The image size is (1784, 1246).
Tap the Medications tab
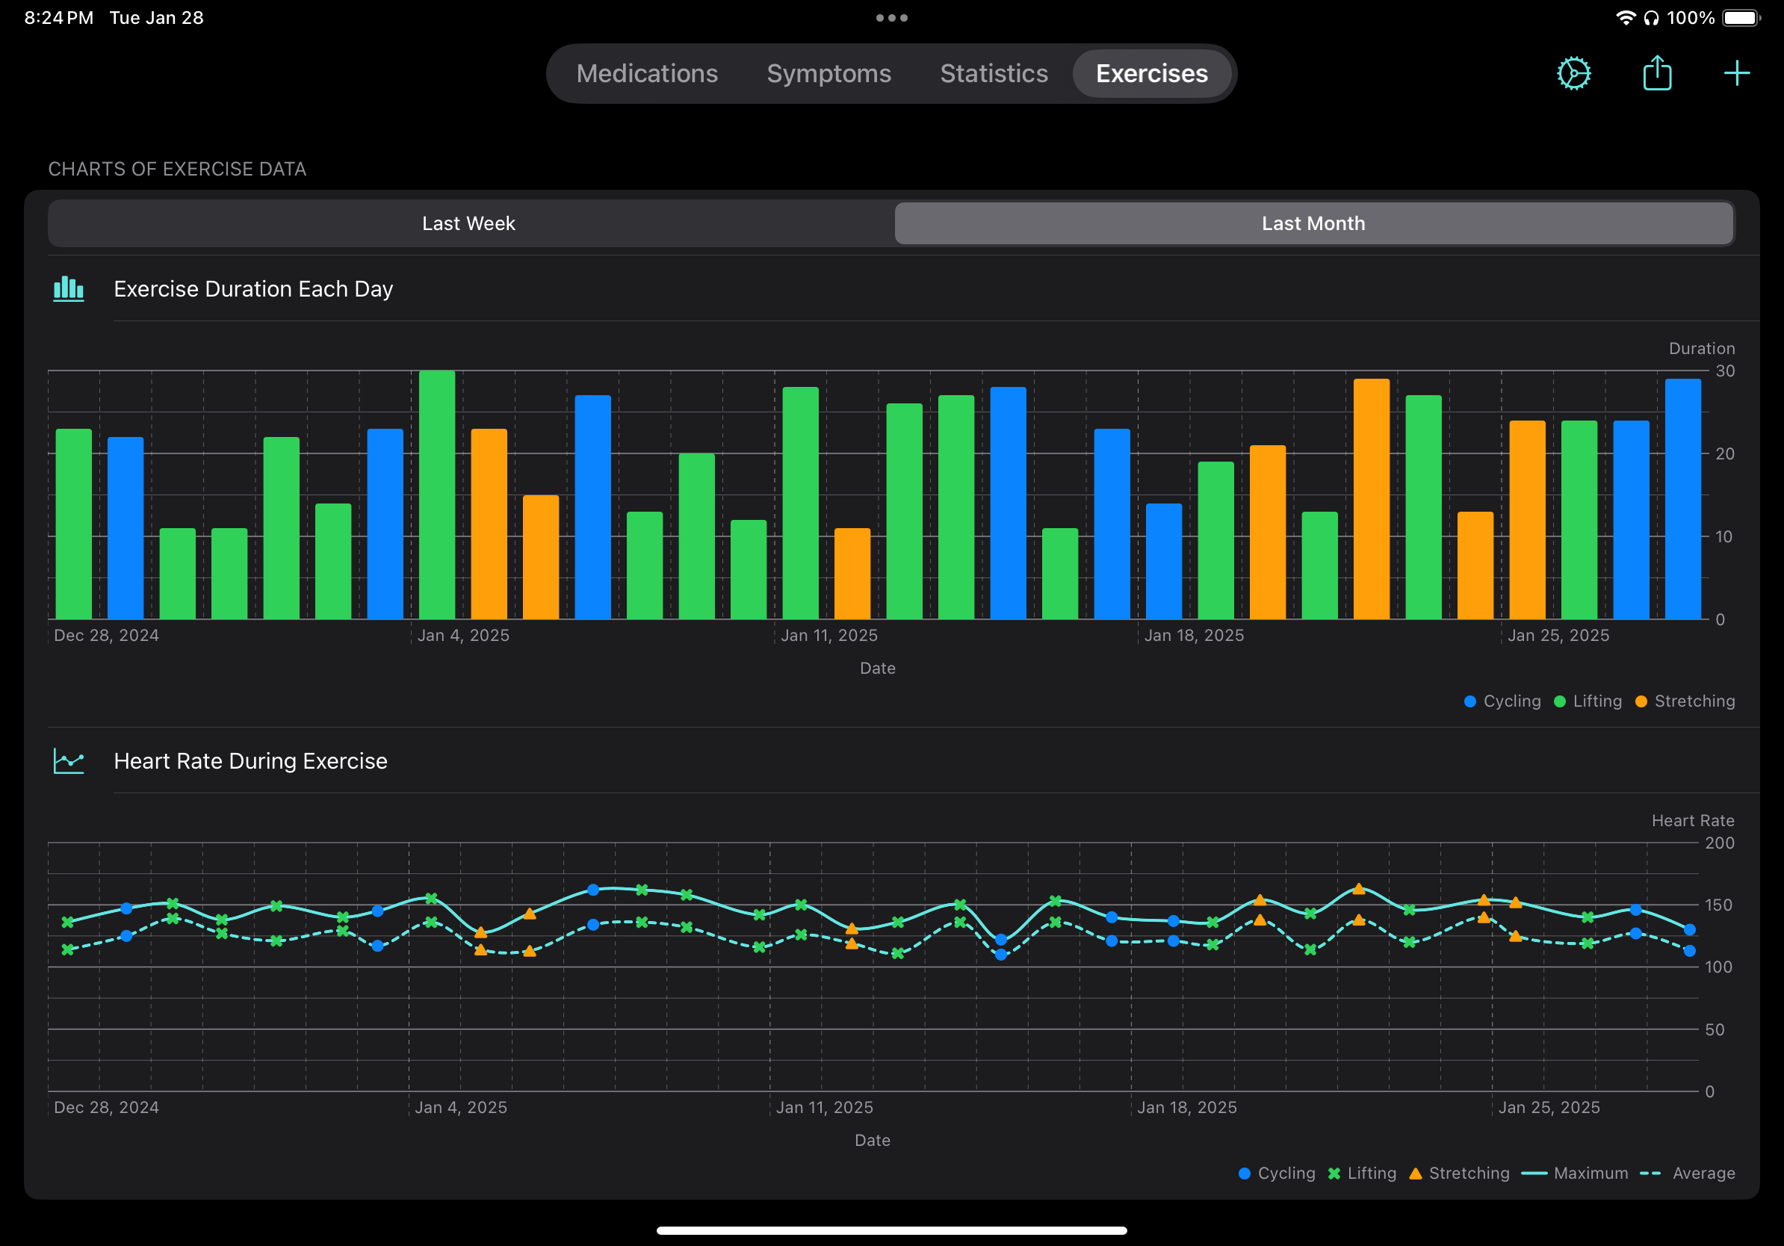[x=646, y=74]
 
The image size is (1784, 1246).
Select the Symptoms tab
[x=828, y=74]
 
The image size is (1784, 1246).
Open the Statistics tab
[x=994, y=74]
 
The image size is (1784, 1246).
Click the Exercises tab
[x=1151, y=74]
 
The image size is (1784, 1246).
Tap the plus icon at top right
[x=1737, y=74]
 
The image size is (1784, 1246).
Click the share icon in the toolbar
[x=1656, y=74]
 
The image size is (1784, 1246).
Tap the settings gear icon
[x=1573, y=74]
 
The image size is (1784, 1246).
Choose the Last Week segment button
[x=468, y=223]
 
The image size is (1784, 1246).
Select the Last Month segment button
[x=1313, y=223]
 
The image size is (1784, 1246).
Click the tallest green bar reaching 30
[x=437, y=498]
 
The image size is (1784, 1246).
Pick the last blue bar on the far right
[x=1682, y=501]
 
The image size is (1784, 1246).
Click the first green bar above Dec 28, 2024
[x=74, y=524]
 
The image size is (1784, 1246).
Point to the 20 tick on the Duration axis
[x=1724, y=453]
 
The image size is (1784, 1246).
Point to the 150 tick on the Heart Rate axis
[x=1719, y=905]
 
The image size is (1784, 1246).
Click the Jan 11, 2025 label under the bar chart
[x=828, y=636]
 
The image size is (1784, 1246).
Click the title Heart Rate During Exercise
[x=250, y=761]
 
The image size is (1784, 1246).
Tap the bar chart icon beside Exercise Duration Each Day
[x=69, y=289]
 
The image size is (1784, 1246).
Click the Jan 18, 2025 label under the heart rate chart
[x=1186, y=1108]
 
